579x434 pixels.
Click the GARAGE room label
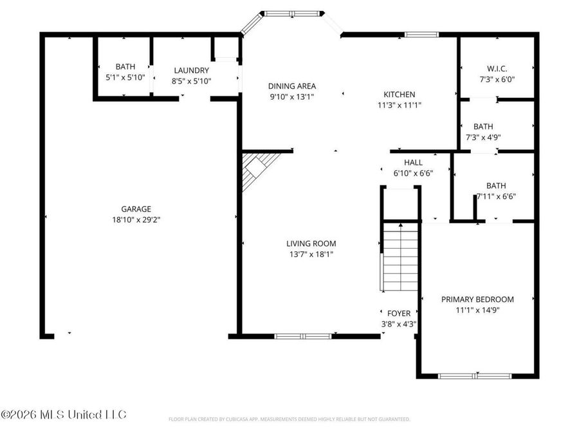pyautogui.click(x=136, y=209)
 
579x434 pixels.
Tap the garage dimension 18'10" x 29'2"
pyautogui.click(x=136, y=219)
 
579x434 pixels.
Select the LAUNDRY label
pyautogui.click(x=191, y=71)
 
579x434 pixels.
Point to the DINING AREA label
pyautogui.click(x=292, y=86)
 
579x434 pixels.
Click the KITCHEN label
pyautogui.click(x=400, y=95)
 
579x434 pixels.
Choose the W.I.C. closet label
pyautogui.click(x=497, y=69)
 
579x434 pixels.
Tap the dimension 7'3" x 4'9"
pyautogui.click(x=488, y=137)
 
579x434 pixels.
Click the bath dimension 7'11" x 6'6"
pyautogui.click(x=496, y=197)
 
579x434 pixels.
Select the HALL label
pyautogui.click(x=413, y=163)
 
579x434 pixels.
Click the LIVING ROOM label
pyautogui.click(x=311, y=244)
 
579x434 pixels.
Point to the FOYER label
pyautogui.click(x=398, y=314)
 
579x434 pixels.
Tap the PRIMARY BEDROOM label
pyautogui.click(x=477, y=299)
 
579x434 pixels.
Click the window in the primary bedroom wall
pyautogui.click(x=476, y=375)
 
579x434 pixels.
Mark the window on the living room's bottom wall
pyautogui.click(x=303, y=336)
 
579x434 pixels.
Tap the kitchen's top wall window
pyautogui.click(x=421, y=35)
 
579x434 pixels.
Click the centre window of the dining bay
pyautogui.click(x=292, y=12)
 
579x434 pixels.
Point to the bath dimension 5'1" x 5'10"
pyautogui.click(x=125, y=77)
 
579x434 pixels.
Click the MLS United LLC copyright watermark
pyautogui.click(x=64, y=413)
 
